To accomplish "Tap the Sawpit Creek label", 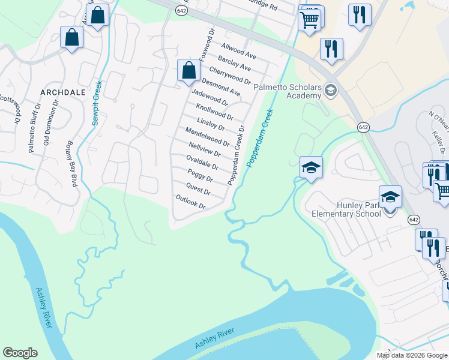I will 96,103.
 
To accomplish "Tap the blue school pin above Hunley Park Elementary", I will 390,196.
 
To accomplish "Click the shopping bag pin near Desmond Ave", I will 188,70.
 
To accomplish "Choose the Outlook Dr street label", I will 190,202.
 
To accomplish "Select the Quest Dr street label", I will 199,188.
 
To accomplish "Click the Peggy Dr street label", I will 200,175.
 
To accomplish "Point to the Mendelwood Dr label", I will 207,137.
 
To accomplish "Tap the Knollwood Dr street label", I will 214,111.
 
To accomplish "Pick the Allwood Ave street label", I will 238,50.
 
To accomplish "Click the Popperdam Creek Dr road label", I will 235,155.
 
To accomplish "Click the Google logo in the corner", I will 20,353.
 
